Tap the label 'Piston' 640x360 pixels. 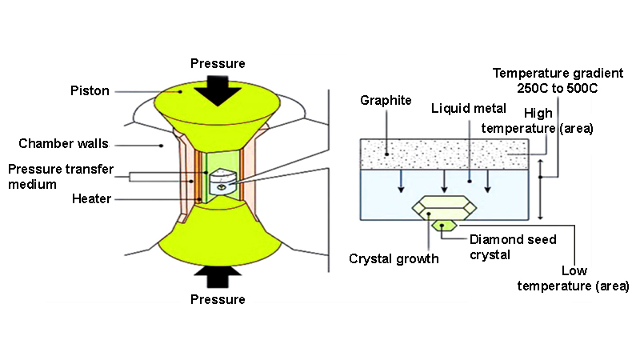89,91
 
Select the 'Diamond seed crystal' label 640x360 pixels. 513,246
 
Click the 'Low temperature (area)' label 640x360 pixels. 573,278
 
